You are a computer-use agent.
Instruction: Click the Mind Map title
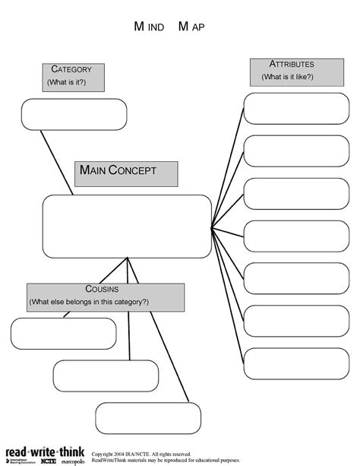tap(169, 27)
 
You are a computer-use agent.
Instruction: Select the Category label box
tap(72, 77)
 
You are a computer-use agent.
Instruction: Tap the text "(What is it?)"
tap(66, 82)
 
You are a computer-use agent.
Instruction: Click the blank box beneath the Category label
tap(74, 114)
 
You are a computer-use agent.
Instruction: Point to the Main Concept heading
tap(126, 173)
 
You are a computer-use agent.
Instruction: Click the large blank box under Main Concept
tap(126, 226)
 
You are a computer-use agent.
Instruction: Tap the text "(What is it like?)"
tap(288, 77)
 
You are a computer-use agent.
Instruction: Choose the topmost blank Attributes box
tap(296, 109)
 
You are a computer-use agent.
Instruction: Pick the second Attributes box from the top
tap(296, 151)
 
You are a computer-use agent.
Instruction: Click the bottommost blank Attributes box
tap(296, 363)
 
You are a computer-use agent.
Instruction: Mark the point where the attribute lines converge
tap(212, 227)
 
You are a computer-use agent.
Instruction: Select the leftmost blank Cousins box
tap(64, 333)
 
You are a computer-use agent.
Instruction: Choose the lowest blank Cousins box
tap(148, 418)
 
